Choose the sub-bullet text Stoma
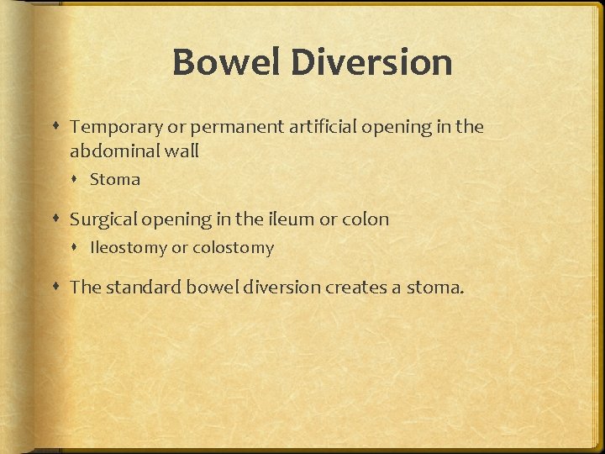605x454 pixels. coord(115,179)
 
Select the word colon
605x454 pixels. coord(366,219)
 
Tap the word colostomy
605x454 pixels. coord(233,248)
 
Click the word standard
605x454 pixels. coord(143,288)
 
